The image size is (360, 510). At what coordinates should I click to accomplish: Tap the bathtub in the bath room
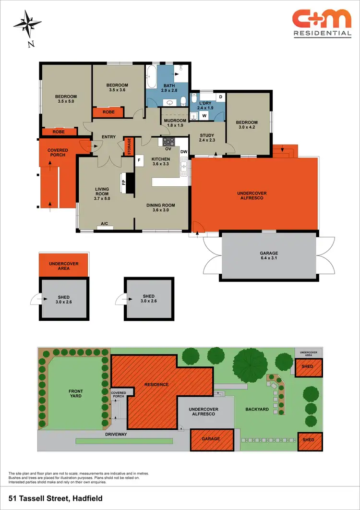click(x=151, y=77)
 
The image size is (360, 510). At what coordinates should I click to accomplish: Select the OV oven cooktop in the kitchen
click(x=169, y=142)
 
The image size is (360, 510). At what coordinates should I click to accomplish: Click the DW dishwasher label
click(x=183, y=152)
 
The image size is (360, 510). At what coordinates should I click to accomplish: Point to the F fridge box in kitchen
click(x=140, y=159)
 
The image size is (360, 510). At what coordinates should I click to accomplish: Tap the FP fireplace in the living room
click(x=124, y=182)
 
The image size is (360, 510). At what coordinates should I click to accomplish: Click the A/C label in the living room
click(x=105, y=223)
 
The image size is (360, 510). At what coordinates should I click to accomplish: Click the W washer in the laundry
click(x=204, y=116)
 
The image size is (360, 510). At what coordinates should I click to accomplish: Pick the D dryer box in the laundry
click(x=220, y=97)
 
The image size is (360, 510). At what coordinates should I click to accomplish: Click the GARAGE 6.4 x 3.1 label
click(x=269, y=256)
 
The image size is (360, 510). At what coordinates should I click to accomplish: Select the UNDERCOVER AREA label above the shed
click(x=64, y=266)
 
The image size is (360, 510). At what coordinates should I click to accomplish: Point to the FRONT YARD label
click(x=76, y=393)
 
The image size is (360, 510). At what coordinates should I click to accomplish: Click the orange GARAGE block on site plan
click(x=211, y=439)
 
